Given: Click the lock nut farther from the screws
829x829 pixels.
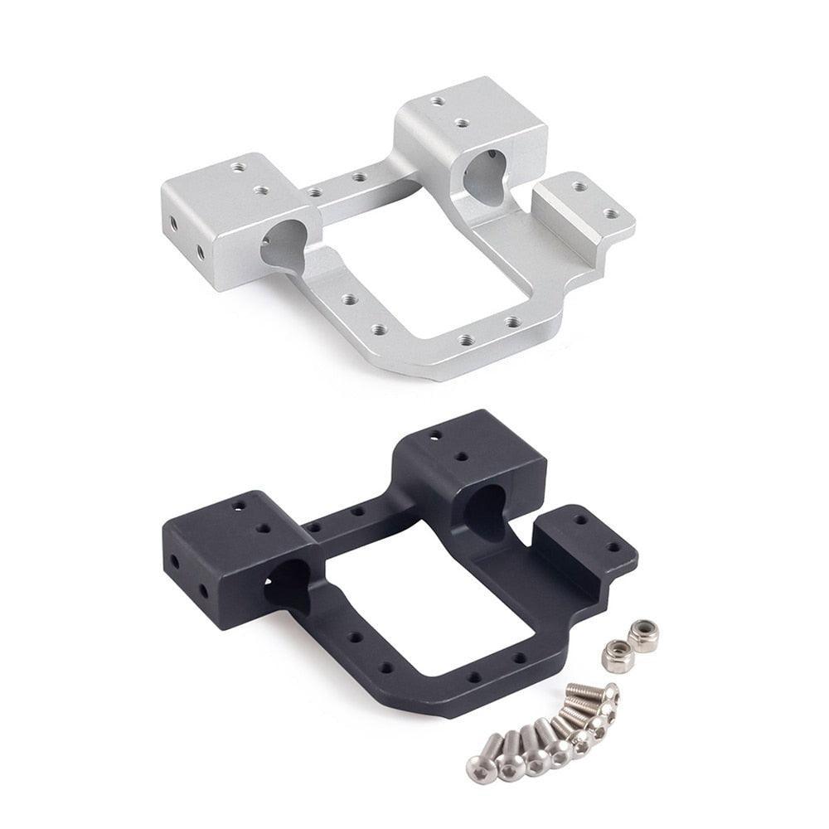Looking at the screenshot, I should tap(642, 635).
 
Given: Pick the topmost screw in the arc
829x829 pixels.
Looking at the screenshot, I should tap(610, 692).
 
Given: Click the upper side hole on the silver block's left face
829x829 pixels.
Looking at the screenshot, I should tap(173, 222).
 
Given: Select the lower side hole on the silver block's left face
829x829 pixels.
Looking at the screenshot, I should tap(200, 250).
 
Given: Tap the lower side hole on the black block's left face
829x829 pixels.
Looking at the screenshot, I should tap(203, 590).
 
